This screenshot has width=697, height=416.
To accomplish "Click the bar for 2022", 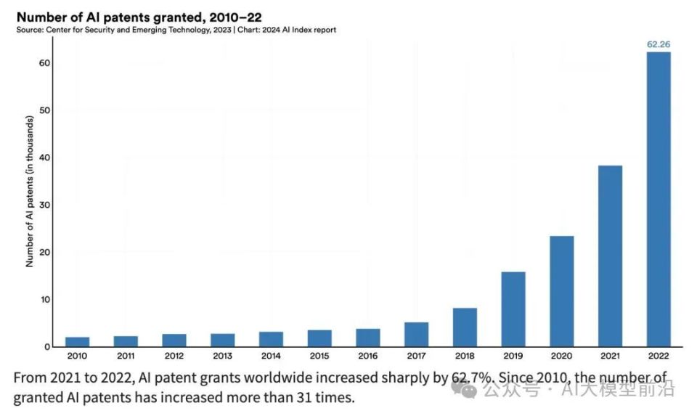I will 659,199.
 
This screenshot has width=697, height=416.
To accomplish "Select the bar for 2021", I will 610,256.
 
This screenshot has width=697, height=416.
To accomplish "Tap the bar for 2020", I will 561,291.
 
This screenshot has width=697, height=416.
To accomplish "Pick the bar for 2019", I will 513,309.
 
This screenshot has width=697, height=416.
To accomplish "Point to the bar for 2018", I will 465,327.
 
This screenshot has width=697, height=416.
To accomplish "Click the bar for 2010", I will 77,341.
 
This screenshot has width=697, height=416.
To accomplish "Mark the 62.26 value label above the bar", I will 659,44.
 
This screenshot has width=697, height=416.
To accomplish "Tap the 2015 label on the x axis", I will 319,356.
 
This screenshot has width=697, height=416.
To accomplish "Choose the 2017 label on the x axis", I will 416,356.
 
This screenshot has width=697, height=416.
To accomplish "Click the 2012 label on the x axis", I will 174,356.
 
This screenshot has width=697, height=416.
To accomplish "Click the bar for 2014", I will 271,339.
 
